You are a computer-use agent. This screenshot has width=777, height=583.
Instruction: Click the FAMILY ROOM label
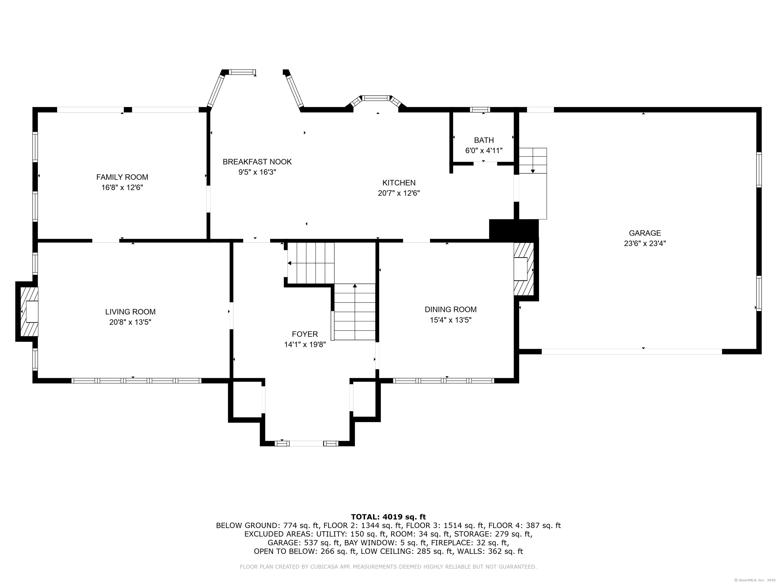coord(122,177)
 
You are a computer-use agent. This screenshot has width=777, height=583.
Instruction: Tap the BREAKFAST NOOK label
coord(257,162)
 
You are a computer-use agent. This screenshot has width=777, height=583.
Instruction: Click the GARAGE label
coord(645,233)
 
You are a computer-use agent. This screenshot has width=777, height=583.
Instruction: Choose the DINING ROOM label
coord(451,310)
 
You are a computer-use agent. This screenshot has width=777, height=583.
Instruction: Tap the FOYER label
coord(305,334)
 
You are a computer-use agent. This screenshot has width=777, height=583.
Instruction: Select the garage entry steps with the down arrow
coord(533,161)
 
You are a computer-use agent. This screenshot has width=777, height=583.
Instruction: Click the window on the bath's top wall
coord(480,110)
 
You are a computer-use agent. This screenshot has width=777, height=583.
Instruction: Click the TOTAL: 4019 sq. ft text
coord(388,517)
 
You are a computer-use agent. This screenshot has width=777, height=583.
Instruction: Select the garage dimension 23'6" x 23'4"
coord(645,243)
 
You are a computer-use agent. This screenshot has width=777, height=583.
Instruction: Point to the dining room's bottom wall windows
coord(444,381)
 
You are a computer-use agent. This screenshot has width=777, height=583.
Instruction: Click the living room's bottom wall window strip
coord(136,381)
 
